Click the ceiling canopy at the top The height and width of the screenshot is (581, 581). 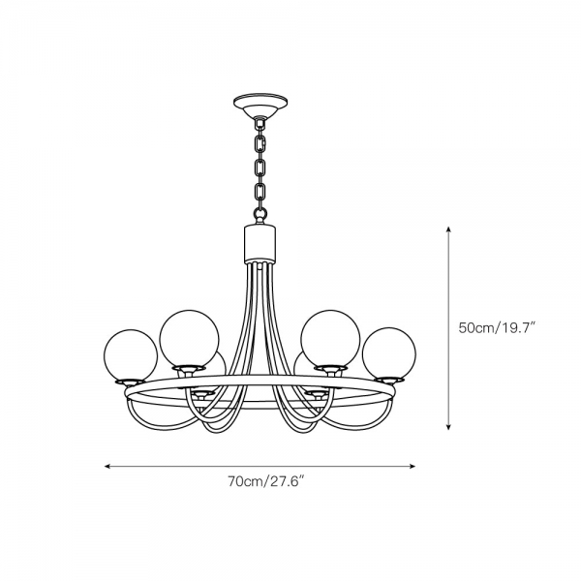point(260,105)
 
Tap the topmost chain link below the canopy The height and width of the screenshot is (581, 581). point(260,143)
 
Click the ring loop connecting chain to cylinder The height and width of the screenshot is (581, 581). point(260,214)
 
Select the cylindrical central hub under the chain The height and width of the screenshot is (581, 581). point(260,243)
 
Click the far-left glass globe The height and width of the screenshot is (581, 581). point(131,354)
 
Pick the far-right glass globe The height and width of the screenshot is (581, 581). point(389,353)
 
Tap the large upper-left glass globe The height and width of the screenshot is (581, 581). point(190,339)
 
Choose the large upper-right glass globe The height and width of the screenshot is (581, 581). point(330,339)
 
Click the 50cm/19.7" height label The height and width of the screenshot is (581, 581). point(498,328)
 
